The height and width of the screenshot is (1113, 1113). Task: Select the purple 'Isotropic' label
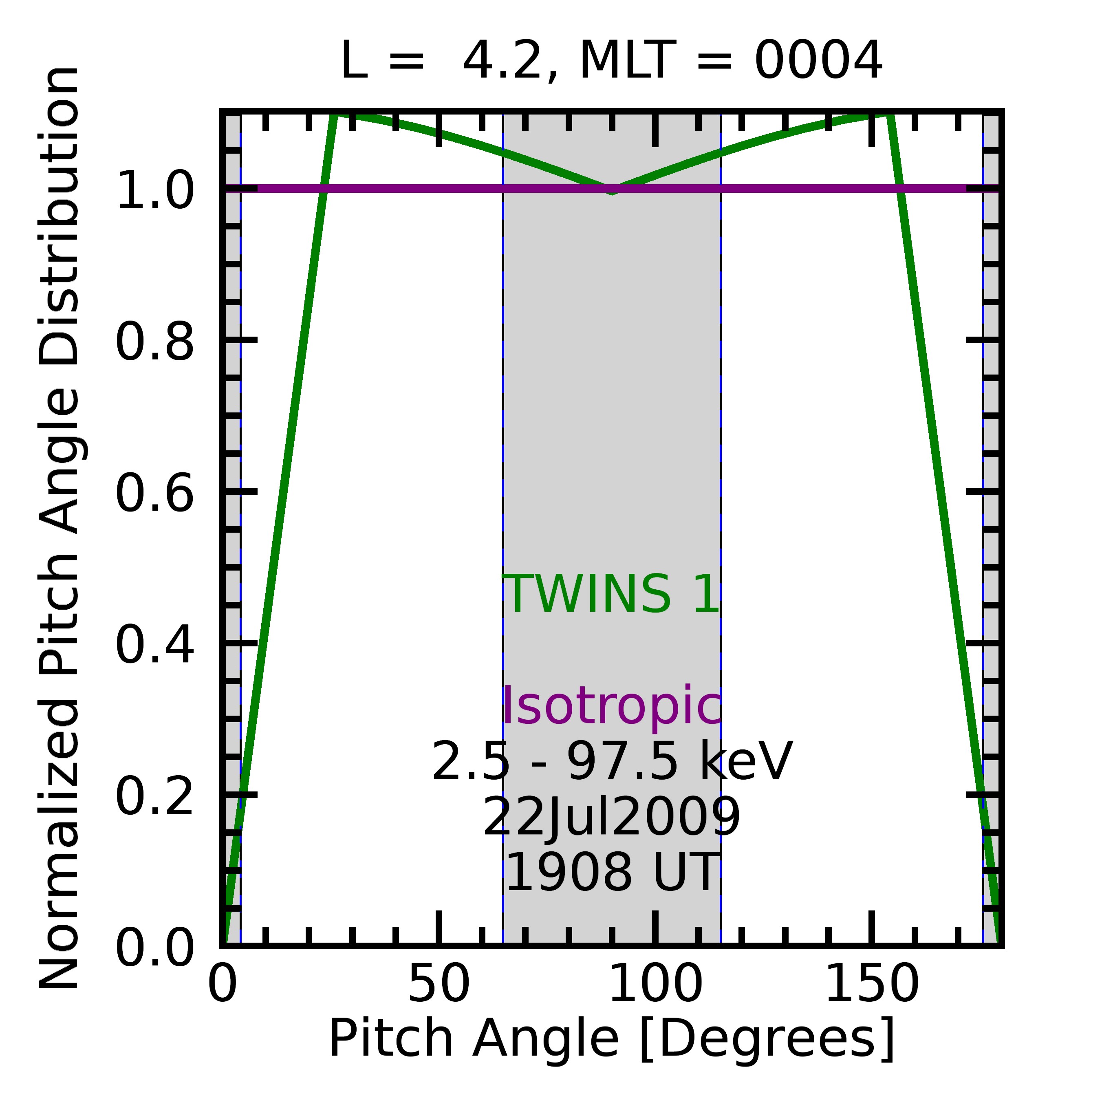(612, 706)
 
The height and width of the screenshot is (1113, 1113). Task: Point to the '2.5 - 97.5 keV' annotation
(612, 762)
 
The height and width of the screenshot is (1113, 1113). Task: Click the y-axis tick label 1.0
(154, 190)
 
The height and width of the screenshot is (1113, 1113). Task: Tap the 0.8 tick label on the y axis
(154, 342)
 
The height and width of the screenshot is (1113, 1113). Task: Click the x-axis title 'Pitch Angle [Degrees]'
(612, 1039)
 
